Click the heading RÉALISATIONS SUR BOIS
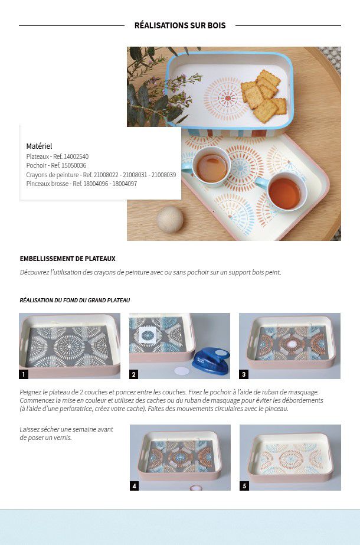click(x=180, y=25)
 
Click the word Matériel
click(x=40, y=146)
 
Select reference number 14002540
click(x=76, y=156)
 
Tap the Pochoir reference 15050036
click(x=73, y=165)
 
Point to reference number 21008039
click(x=163, y=175)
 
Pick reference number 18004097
click(x=125, y=184)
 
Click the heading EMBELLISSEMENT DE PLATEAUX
click(x=67, y=259)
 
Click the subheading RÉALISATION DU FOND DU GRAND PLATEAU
click(x=75, y=301)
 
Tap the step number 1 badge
click(x=24, y=374)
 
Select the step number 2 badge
click(x=134, y=374)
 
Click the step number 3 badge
click(x=244, y=374)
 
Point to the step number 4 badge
click(x=134, y=486)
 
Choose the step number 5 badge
click(x=244, y=486)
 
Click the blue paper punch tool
click(x=211, y=360)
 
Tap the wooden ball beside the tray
click(x=169, y=219)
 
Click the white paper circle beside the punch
click(x=182, y=371)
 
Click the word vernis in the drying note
click(x=63, y=438)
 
